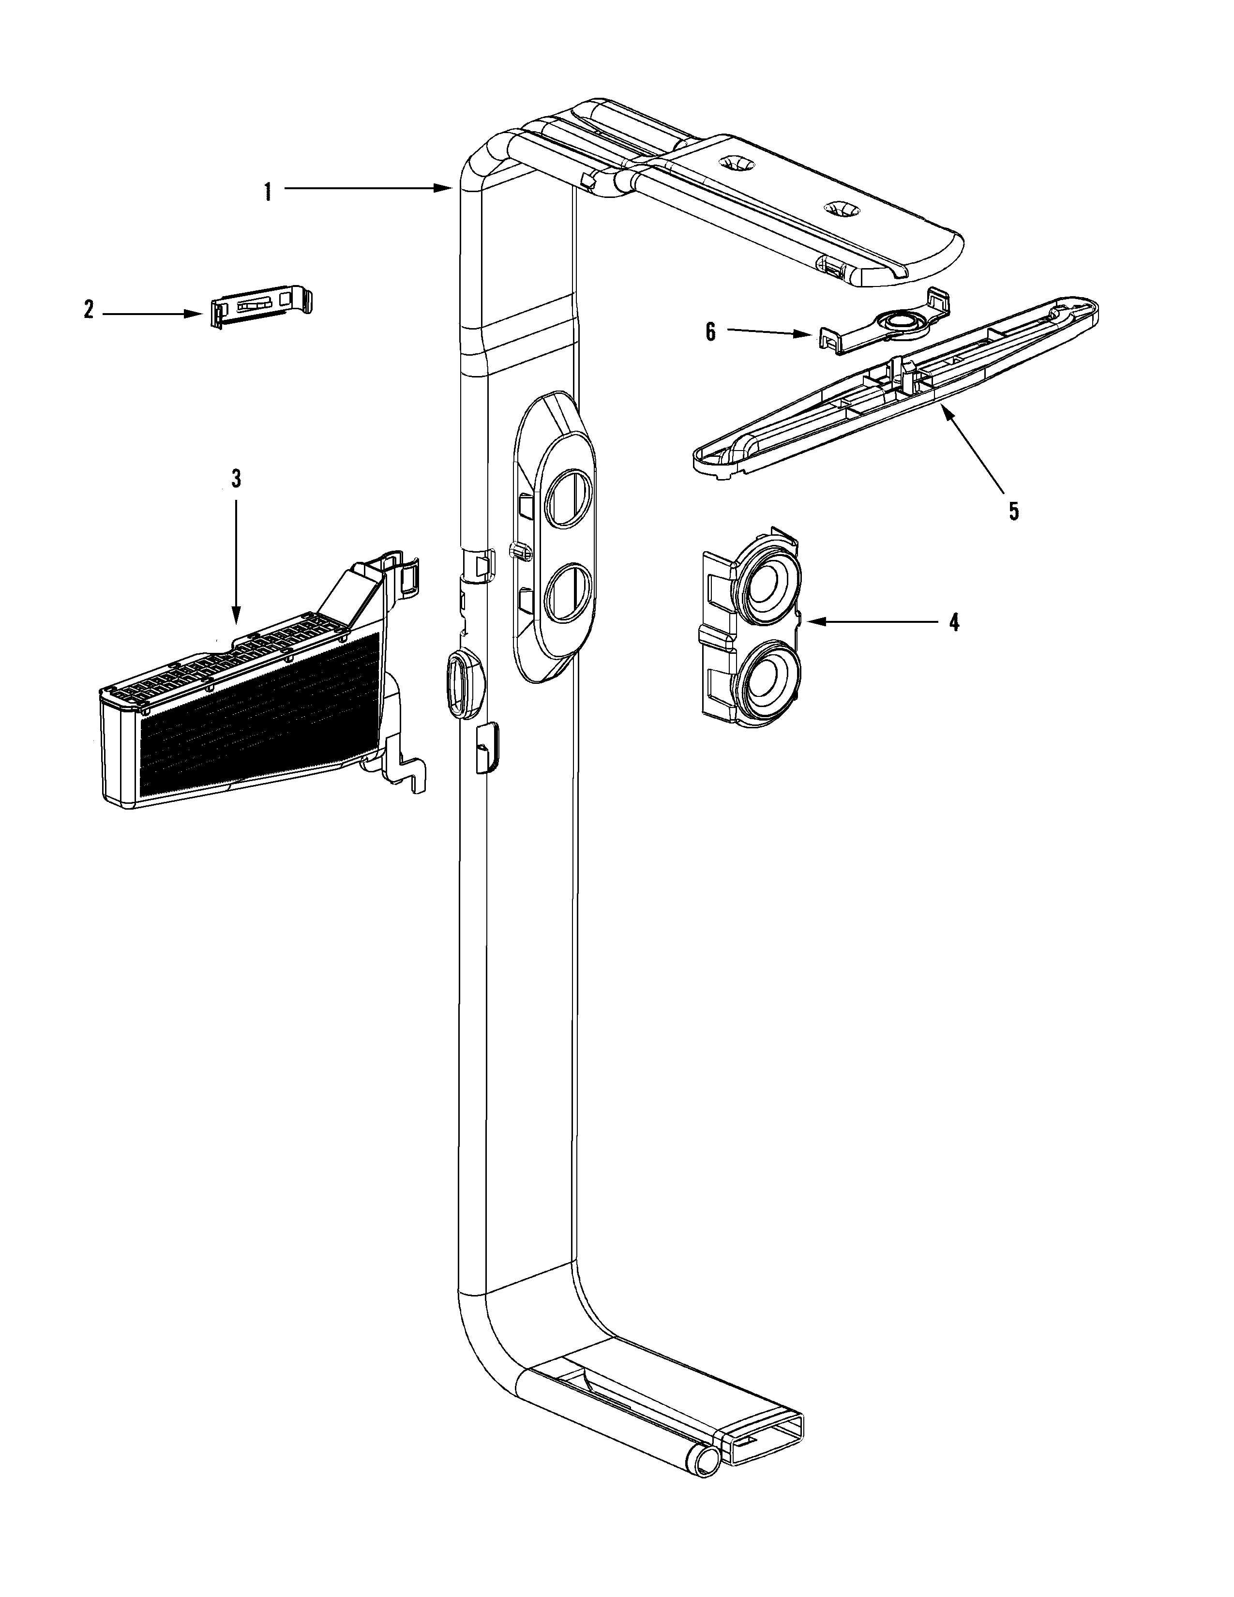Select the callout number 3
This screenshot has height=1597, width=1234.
click(235, 479)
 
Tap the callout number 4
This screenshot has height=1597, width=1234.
click(953, 622)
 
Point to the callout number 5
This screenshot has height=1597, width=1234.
click(1013, 511)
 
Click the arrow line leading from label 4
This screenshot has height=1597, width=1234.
click(877, 622)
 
